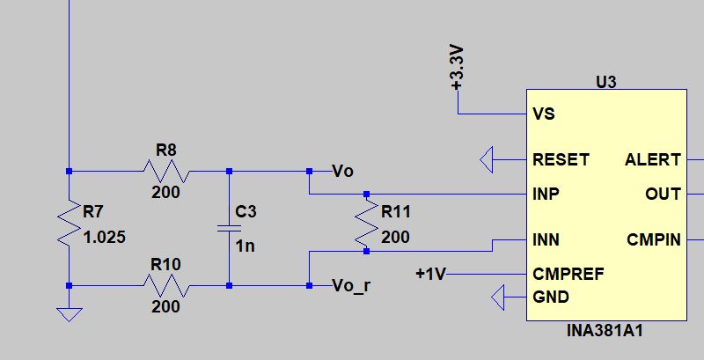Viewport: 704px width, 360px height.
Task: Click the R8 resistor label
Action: pyautogui.click(x=166, y=150)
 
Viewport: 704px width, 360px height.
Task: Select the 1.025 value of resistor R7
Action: pyautogui.click(x=105, y=237)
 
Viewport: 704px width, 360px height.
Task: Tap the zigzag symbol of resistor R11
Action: pyautogui.click(x=366, y=223)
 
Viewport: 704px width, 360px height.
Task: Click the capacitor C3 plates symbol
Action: pyautogui.click(x=229, y=229)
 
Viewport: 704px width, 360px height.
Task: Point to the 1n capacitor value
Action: pyautogui.click(x=246, y=246)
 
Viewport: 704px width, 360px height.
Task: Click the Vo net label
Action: pyautogui.click(x=342, y=171)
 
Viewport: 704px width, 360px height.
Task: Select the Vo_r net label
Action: pyautogui.click(x=351, y=286)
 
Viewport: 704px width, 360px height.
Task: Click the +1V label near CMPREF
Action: pyautogui.click(x=430, y=274)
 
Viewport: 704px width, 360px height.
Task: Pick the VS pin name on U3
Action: pyautogui.click(x=544, y=114)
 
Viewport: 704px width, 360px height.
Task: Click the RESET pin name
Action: pyautogui.click(x=561, y=160)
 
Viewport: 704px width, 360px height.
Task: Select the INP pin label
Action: pyautogui.click(x=546, y=194)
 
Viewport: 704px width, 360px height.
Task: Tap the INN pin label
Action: pyautogui.click(x=546, y=239)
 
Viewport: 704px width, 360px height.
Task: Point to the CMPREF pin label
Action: pyautogui.click(x=568, y=274)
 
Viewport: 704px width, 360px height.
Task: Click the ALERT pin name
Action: pyautogui.click(x=653, y=160)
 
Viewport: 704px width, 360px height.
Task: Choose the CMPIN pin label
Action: pyautogui.click(x=654, y=239)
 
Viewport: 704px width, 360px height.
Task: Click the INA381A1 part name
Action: pyautogui.click(x=605, y=331)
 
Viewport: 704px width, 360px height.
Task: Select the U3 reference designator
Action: pyautogui.click(x=606, y=83)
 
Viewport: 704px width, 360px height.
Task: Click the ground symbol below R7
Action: pyautogui.click(x=70, y=314)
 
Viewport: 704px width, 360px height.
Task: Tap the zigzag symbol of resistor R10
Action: pyautogui.click(x=166, y=285)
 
